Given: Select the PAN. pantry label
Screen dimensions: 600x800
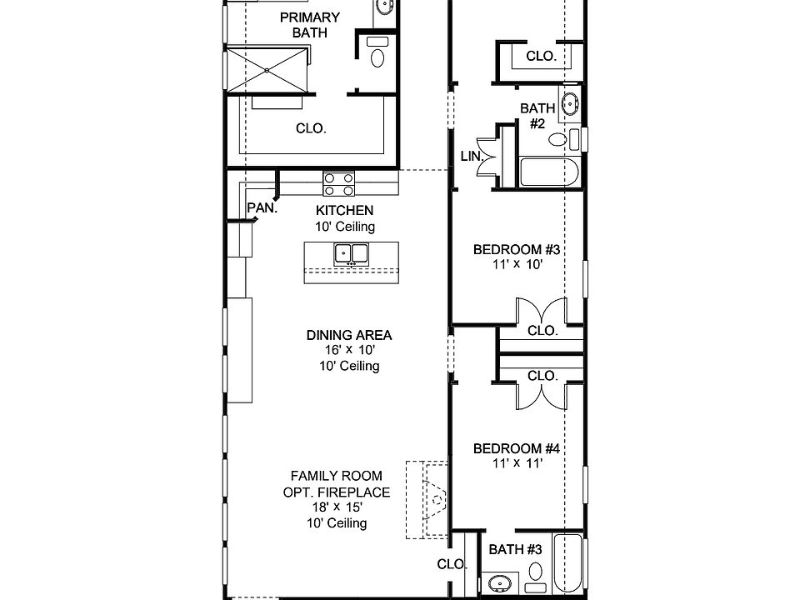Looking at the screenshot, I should tap(262, 208).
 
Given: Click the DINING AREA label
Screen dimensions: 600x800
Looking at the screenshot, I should tap(349, 335).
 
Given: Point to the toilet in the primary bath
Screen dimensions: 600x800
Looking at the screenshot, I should tap(378, 56).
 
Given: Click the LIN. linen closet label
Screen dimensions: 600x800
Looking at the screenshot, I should tap(471, 156).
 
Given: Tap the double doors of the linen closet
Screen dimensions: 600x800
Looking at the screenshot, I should tap(486, 156).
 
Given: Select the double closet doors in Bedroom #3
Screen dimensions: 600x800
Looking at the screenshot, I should tap(542, 312).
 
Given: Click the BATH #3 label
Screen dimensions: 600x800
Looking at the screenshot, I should tap(516, 549).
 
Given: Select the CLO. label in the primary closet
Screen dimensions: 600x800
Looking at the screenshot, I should tap(312, 128).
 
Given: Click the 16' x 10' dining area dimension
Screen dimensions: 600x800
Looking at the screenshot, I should tap(349, 351).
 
